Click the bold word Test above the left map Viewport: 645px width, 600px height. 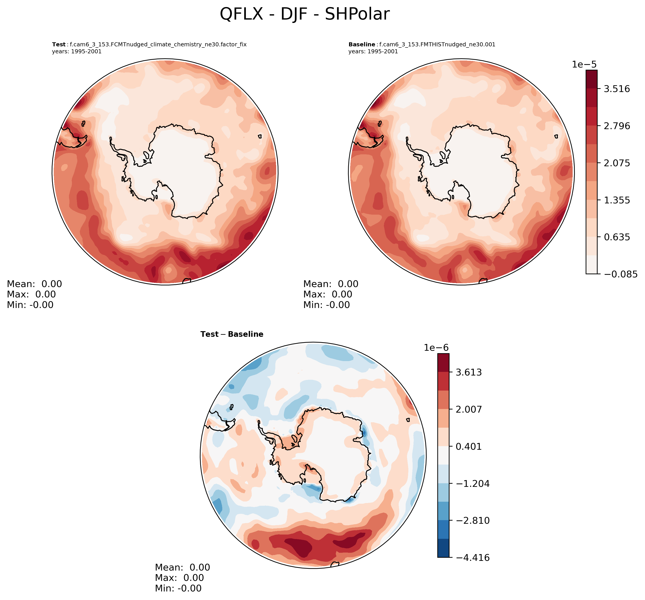coord(59,45)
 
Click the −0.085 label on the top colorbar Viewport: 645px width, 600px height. coord(620,274)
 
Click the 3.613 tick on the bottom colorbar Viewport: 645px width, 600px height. coord(469,372)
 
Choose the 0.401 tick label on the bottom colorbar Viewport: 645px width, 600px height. coord(469,446)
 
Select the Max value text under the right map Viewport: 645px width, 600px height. coord(327,294)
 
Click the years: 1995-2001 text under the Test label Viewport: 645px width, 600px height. coord(77,52)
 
